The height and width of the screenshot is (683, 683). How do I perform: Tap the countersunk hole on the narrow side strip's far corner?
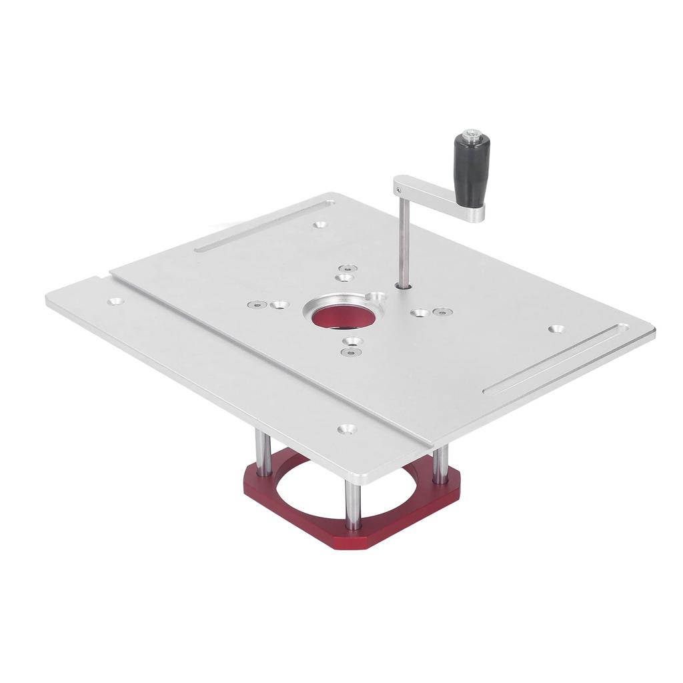point(115,301)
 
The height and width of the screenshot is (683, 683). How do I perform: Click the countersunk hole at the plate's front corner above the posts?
point(346,429)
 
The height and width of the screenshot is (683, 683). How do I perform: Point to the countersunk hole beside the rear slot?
point(320,224)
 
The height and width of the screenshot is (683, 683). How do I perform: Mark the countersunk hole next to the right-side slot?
point(556,329)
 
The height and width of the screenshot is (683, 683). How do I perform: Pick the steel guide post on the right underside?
point(440,465)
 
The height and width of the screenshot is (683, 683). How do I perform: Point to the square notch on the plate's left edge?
point(102,278)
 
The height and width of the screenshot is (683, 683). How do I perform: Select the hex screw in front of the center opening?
point(347,352)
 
